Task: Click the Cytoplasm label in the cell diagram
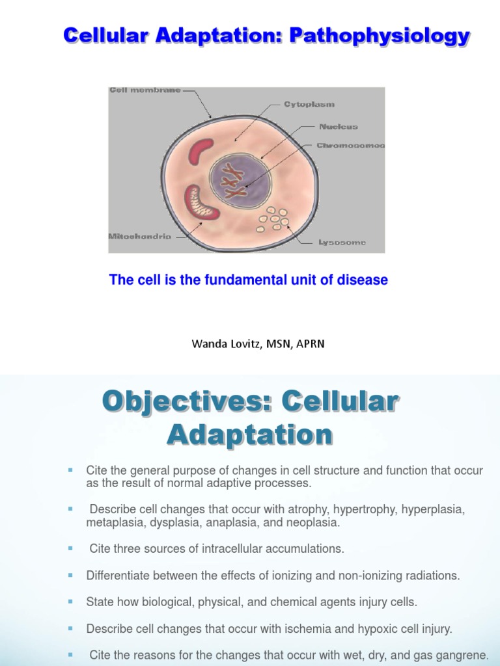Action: coord(309,104)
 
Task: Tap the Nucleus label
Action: coord(338,127)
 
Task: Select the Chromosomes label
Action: coord(350,146)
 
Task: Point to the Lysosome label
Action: coord(342,243)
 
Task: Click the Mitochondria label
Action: coord(140,237)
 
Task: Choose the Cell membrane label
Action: coord(145,90)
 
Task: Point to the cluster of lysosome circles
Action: coord(273,219)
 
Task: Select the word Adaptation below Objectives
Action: coord(250,434)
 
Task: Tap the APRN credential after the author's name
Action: coord(311,344)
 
